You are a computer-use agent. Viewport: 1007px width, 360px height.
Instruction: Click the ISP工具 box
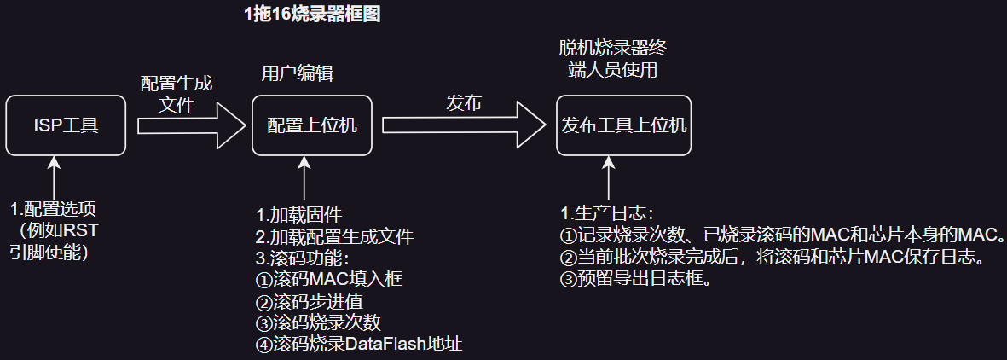(x=67, y=125)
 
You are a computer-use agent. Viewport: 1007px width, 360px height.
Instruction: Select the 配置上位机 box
(x=312, y=125)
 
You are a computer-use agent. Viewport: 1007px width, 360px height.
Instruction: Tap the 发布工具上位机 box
(x=623, y=125)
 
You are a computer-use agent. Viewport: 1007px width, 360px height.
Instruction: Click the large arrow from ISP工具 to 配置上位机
(x=189, y=125)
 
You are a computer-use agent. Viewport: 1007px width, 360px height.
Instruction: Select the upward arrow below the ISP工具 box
(x=55, y=177)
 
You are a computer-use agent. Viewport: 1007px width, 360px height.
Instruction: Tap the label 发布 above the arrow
(x=464, y=103)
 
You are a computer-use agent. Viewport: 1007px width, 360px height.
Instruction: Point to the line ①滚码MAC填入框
(x=329, y=279)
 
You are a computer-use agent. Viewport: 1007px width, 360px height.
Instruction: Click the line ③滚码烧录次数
(x=317, y=322)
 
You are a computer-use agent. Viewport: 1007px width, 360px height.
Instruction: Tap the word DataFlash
(x=378, y=344)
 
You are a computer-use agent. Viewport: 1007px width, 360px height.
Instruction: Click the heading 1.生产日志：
(x=606, y=212)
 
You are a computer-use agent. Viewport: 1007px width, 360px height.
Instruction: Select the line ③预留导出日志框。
(x=636, y=278)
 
